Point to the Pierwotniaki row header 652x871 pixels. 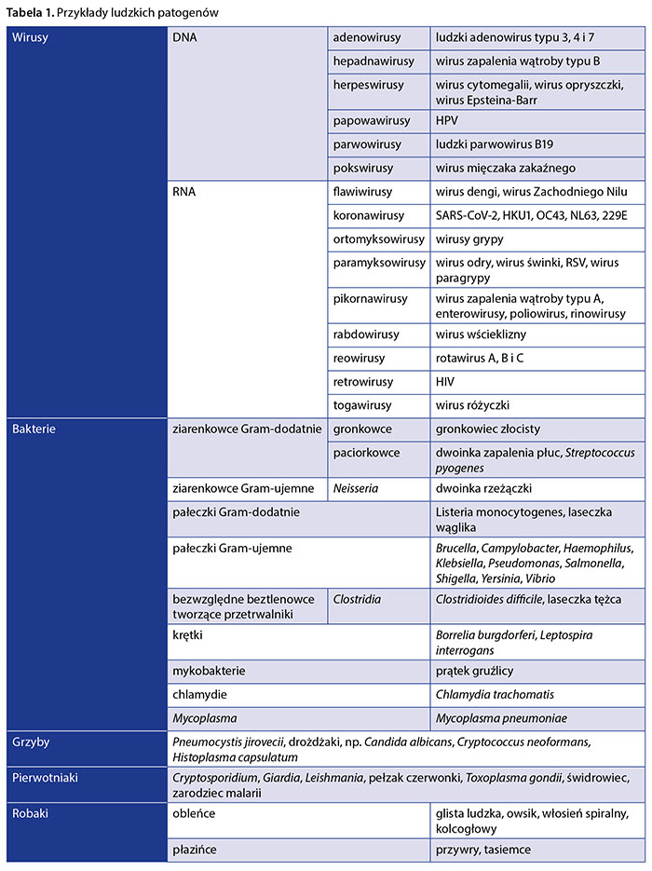[x=45, y=777]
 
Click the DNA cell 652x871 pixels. [x=186, y=38]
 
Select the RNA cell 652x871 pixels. [x=185, y=192]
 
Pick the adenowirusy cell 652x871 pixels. [x=367, y=38]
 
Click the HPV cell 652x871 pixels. [x=447, y=120]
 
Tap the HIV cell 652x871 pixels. [x=446, y=382]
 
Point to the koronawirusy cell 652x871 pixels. [x=369, y=216]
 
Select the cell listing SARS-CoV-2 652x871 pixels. [x=531, y=216]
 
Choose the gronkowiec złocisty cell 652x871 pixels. [x=487, y=429]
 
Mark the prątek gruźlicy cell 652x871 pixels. [x=474, y=671]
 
